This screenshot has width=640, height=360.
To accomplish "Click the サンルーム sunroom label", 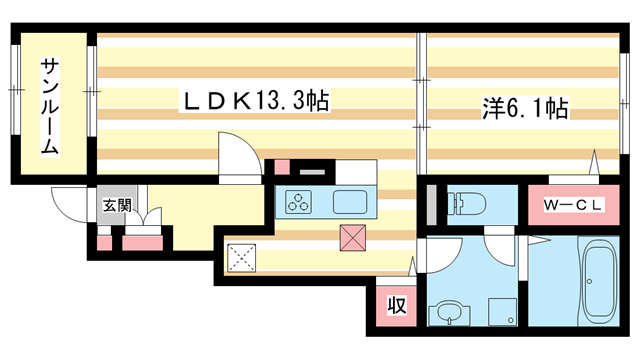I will (x=49, y=106).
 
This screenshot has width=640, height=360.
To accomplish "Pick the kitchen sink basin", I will (x=353, y=201).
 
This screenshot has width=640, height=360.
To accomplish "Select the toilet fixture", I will (x=470, y=204).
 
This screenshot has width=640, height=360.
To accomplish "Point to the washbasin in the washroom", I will (x=447, y=314).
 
